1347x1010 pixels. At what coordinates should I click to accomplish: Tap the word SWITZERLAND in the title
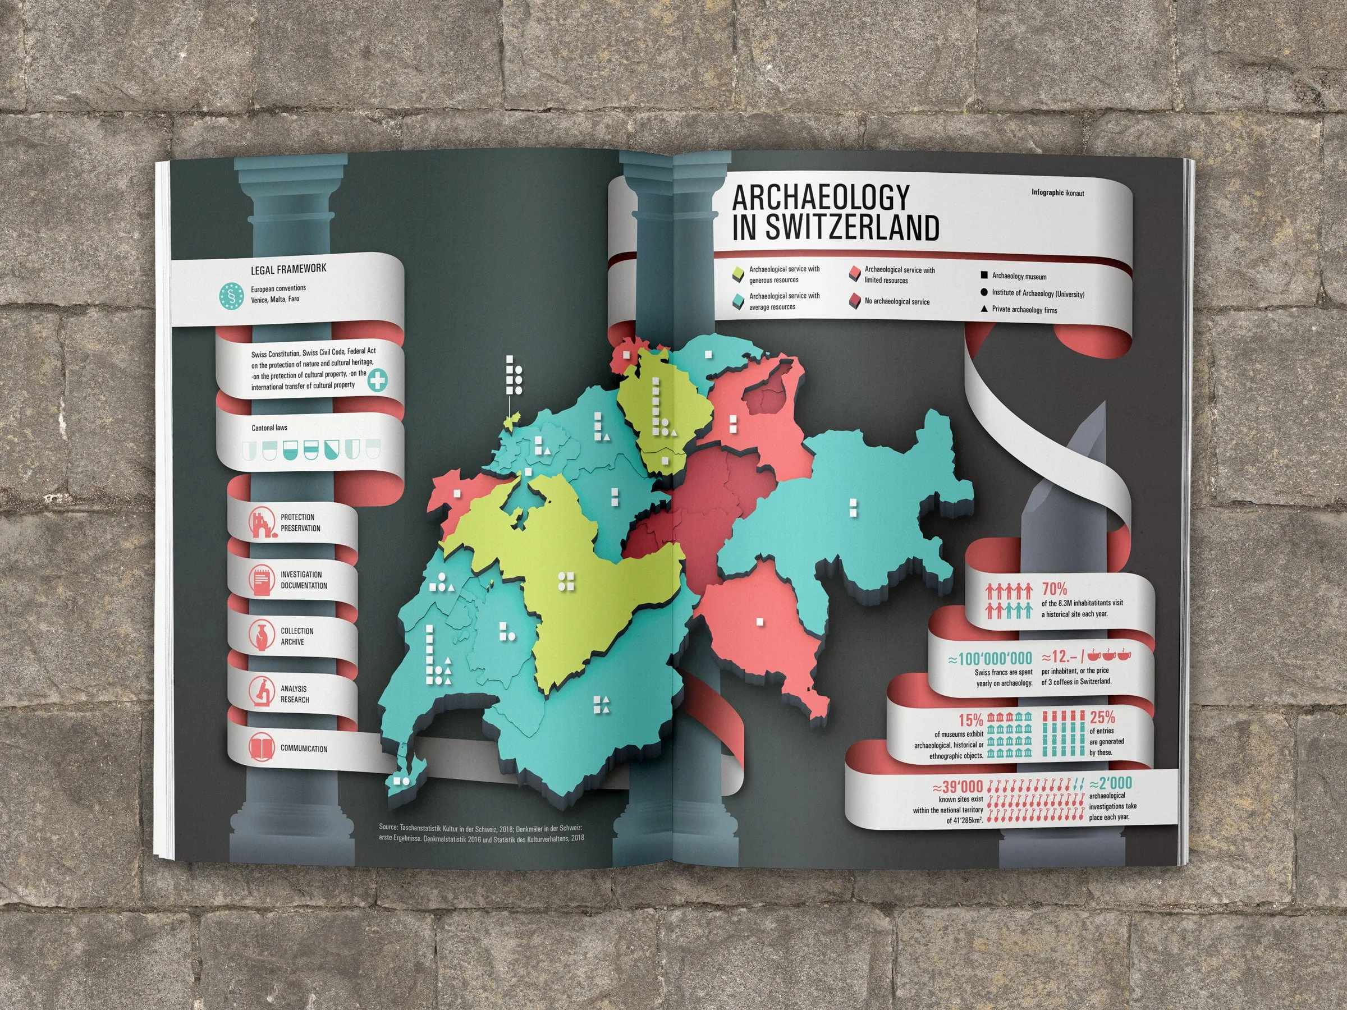click(852, 228)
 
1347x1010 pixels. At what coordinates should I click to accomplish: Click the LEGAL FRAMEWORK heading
click(288, 269)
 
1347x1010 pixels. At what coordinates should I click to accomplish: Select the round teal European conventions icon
click(231, 296)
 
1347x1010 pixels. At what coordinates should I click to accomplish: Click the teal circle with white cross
click(378, 380)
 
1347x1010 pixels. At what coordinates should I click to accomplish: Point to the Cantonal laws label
click(269, 428)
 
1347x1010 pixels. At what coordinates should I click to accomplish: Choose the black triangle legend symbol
click(983, 309)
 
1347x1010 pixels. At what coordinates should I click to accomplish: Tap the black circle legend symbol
click(983, 293)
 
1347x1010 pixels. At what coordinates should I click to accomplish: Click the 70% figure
click(1054, 589)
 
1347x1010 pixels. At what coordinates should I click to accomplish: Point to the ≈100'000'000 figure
click(989, 659)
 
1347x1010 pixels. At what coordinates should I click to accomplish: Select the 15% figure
click(970, 719)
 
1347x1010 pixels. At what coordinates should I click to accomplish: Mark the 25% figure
click(1102, 717)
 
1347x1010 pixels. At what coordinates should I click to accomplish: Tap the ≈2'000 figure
click(1110, 783)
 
